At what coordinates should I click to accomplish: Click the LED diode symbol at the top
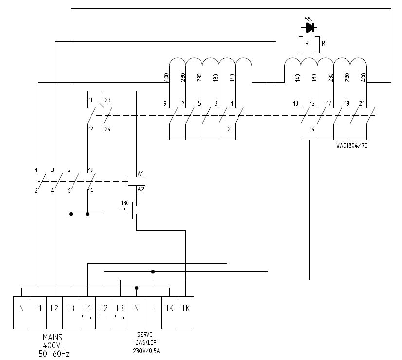coord(309,28)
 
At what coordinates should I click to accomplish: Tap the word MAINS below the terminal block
coord(52,337)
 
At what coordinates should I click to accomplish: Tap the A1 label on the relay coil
coord(141,174)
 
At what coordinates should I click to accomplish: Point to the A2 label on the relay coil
coord(141,189)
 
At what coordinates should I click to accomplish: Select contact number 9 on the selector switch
coord(166,103)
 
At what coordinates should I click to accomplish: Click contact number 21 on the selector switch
coord(361,103)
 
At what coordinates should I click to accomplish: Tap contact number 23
coord(107,101)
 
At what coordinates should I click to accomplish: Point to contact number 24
coord(107,129)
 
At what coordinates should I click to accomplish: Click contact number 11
coord(90,101)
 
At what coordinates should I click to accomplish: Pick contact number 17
coord(329,103)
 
